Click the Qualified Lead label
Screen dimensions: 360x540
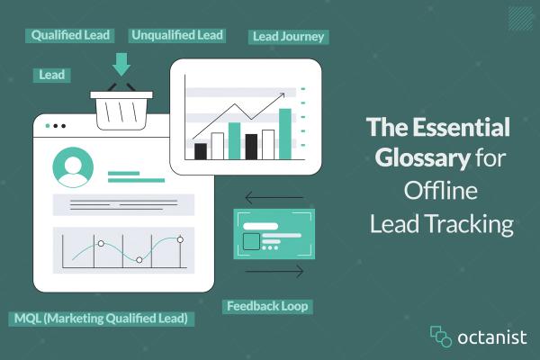coord(71,35)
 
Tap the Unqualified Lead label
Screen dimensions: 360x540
coord(177,35)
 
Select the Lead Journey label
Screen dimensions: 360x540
coord(288,37)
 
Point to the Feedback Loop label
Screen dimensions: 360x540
coord(266,306)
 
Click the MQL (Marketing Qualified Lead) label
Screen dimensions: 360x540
coord(101,318)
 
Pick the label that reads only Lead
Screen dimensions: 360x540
coord(52,75)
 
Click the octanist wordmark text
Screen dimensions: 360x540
coord(492,337)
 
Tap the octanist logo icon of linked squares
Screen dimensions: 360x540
coord(440,337)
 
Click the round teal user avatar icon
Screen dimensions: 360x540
coord(73,166)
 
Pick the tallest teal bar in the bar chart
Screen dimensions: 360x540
coord(285,133)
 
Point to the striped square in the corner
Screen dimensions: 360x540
coord(519,18)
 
